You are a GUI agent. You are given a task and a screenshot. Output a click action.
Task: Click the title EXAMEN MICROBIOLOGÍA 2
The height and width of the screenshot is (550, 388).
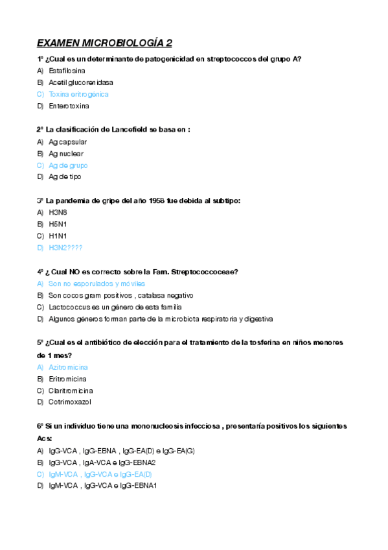pyautogui.click(x=104, y=43)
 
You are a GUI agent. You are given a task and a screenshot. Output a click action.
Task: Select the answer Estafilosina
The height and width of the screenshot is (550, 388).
pyautogui.click(x=67, y=70)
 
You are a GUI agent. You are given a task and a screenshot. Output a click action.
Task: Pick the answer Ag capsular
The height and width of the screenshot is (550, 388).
pyautogui.click(x=67, y=141)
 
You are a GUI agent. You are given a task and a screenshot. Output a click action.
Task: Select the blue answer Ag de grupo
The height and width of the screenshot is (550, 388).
pyautogui.click(x=68, y=165)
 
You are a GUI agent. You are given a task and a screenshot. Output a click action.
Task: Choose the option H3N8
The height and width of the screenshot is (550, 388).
pyautogui.click(x=58, y=212)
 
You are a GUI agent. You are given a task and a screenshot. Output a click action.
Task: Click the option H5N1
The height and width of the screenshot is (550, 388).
pyautogui.click(x=58, y=224)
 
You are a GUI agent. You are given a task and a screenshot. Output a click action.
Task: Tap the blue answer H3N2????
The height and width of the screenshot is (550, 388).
pyautogui.click(x=65, y=248)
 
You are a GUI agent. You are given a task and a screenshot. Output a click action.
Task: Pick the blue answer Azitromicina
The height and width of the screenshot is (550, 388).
pyautogui.click(x=68, y=367)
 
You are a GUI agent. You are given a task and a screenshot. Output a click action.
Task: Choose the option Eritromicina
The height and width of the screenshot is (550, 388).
pyautogui.click(x=67, y=379)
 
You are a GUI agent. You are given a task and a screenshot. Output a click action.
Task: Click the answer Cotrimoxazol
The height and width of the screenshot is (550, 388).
pyautogui.click(x=69, y=402)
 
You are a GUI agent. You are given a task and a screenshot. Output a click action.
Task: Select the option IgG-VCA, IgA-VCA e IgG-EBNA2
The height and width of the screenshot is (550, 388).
pyautogui.click(x=102, y=462)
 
